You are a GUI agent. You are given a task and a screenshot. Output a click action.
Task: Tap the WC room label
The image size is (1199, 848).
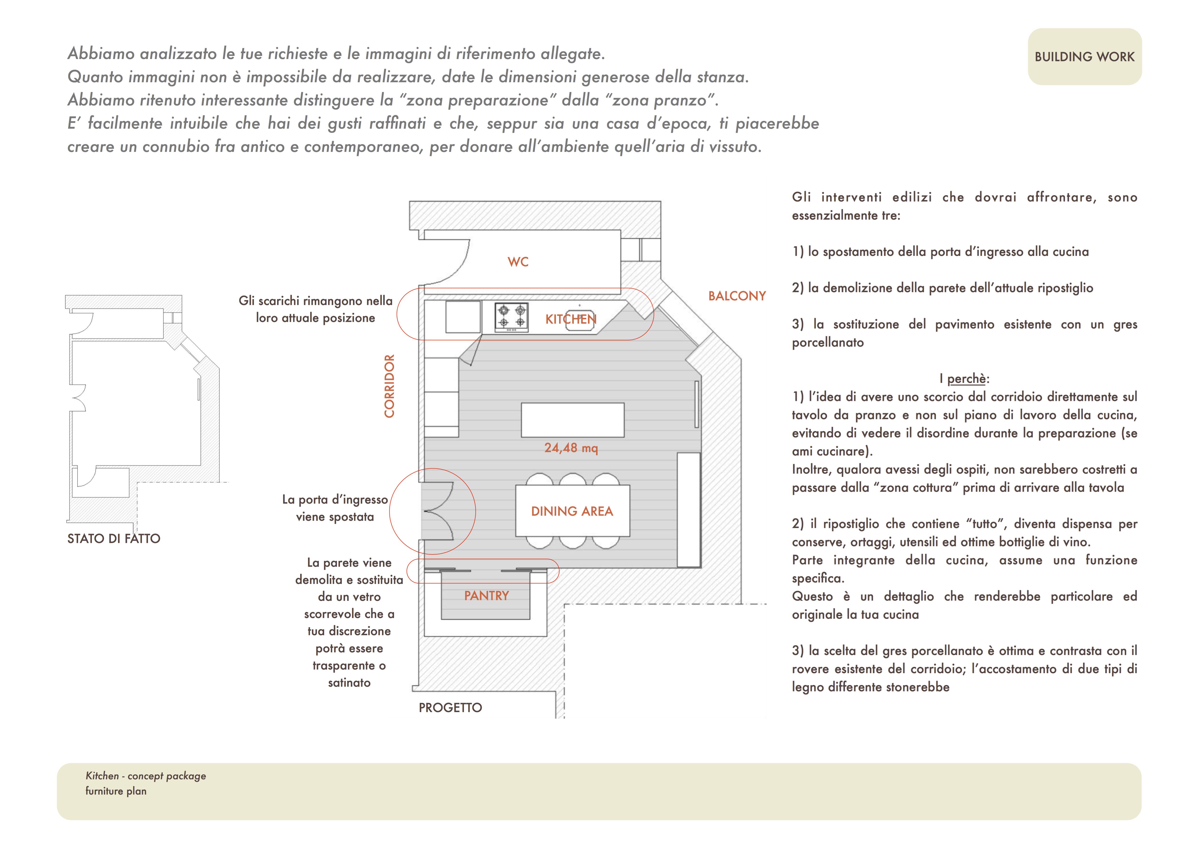(x=518, y=262)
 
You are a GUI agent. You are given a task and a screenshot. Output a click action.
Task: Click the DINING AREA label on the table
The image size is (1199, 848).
(x=572, y=511)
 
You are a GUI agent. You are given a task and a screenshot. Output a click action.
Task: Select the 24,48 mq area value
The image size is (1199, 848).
(x=571, y=448)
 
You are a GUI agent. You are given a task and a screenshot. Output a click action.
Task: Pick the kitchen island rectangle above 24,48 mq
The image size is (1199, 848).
(x=572, y=420)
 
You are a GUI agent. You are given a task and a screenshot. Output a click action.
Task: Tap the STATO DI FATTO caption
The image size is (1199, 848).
(x=114, y=539)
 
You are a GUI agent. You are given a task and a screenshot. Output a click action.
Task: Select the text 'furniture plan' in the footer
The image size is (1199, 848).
(x=116, y=791)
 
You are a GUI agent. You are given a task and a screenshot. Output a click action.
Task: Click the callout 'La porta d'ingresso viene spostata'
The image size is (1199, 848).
(x=335, y=508)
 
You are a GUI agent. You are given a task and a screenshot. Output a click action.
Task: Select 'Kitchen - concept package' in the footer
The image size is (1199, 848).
(x=146, y=776)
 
